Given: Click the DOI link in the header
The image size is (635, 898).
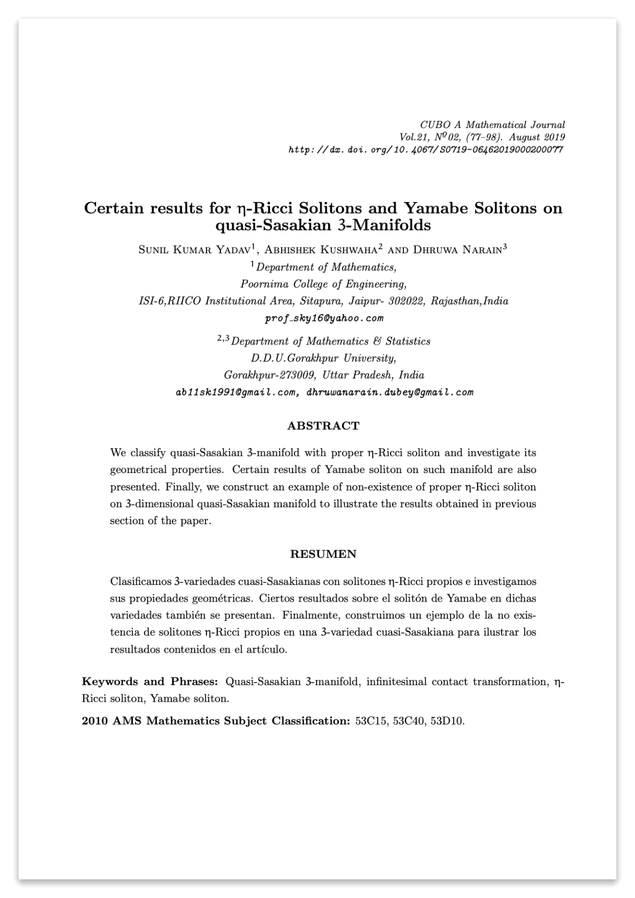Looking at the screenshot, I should coord(425,150).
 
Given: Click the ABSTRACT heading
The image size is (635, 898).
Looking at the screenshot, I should coord(323,426).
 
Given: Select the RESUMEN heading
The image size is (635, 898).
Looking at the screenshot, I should coord(323,554).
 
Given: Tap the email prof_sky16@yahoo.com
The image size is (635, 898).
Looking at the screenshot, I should coord(324,318).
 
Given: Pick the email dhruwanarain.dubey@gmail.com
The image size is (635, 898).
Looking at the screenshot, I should coord(390,392).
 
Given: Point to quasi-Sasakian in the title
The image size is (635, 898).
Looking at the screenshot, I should coord(272,226).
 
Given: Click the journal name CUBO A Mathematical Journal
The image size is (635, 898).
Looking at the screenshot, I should coord(492,125).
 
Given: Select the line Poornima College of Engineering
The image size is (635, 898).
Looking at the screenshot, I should coord(323,284).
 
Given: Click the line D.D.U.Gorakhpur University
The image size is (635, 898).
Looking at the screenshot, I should coord(323,357).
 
